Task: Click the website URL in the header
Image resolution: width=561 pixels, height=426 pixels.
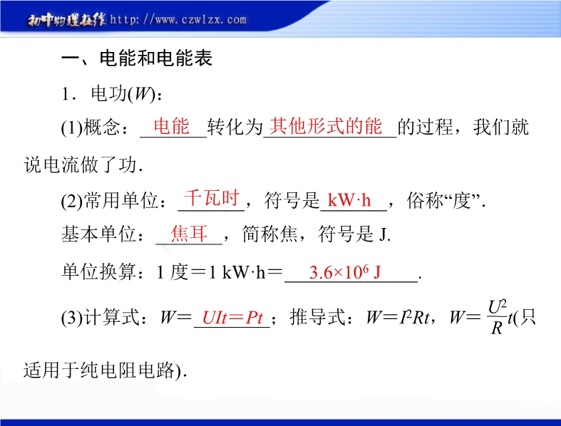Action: click(178, 19)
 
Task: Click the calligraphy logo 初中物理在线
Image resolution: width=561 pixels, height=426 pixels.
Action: click(67, 20)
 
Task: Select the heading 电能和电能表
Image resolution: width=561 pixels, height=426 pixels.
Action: click(156, 58)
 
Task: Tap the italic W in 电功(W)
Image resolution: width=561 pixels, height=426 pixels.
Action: click(142, 95)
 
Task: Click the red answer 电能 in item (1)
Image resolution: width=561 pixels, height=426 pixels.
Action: click(171, 126)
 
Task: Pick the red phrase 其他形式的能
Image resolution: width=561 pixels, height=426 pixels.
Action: click(326, 126)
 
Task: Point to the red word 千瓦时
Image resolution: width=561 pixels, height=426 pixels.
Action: click(212, 198)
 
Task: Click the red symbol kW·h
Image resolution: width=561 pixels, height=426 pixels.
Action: click(349, 200)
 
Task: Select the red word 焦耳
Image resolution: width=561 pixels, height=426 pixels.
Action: click(189, 234)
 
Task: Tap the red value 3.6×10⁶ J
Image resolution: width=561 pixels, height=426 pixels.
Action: click(345, 272)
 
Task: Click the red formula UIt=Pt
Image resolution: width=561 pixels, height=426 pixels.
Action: click(232, 317)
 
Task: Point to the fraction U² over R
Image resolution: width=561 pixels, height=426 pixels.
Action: click(497, 317)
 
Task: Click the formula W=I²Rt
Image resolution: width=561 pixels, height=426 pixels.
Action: click(398, 317)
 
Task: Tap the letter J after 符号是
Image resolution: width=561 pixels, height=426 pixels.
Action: click(384, 235)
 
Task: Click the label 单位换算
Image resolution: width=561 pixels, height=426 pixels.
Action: click(99, 272)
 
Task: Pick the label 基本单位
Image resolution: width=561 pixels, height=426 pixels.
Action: click(99, 234)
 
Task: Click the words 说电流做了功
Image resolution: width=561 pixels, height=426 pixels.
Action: click(81, 165)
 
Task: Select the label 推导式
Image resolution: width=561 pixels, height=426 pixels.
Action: click(318, 317)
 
